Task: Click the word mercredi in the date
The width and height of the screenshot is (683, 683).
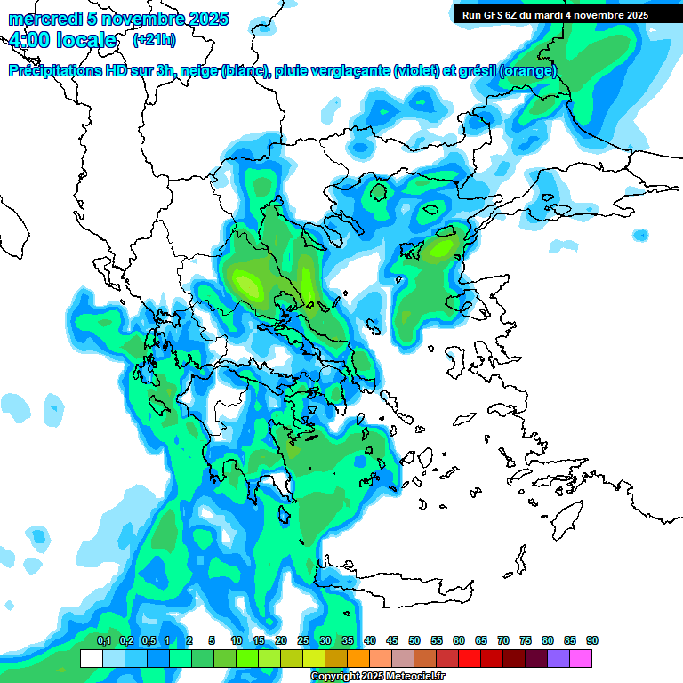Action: [x=39, y=19]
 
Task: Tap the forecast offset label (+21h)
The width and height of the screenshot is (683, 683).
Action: [x=154, y=39]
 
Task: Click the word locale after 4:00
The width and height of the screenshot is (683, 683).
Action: [x=85, y=40]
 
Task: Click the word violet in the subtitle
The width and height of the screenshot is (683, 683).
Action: [x=415, y=71]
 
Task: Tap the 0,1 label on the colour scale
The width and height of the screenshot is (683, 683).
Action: [x=103, y=640]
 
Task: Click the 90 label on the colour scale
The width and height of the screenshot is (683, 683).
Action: [x=591, y=640]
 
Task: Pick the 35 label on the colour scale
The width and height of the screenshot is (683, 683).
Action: [x=348, y=640]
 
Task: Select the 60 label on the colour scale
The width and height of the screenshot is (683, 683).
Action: [x=459, y=640]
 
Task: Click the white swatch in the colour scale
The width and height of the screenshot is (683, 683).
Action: [x=91, y=658]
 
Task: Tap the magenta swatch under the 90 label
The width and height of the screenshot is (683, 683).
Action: [x=581, y=658]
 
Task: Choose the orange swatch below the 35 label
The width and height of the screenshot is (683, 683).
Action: [x=358, y=658]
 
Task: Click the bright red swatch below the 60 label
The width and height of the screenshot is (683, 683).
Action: [x=470, y=658]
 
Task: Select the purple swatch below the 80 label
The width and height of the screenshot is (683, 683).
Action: [x=558, y=658]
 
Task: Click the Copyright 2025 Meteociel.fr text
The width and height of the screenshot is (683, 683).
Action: [x=377, y=676]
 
